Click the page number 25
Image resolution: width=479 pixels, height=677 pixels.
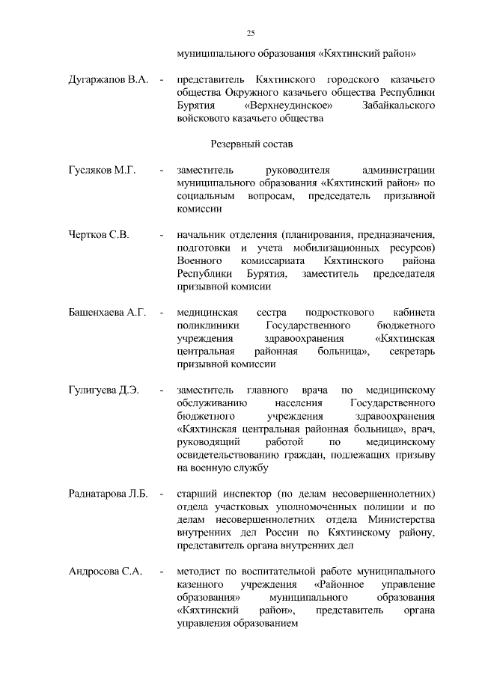point(251,32)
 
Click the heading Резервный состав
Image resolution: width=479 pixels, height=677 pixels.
point(250,142)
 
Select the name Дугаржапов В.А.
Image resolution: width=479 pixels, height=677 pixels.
point(109,79)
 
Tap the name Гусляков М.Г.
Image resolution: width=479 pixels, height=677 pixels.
point(102,171)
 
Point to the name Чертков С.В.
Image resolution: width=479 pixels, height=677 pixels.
point(99,235)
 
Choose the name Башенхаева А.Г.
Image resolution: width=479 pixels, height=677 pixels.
point(107,312)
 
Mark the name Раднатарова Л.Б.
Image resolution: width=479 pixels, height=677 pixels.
point(109,494)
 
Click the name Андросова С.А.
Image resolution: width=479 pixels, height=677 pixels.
point(106,572)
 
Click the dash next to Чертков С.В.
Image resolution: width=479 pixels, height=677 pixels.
point(161,235)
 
